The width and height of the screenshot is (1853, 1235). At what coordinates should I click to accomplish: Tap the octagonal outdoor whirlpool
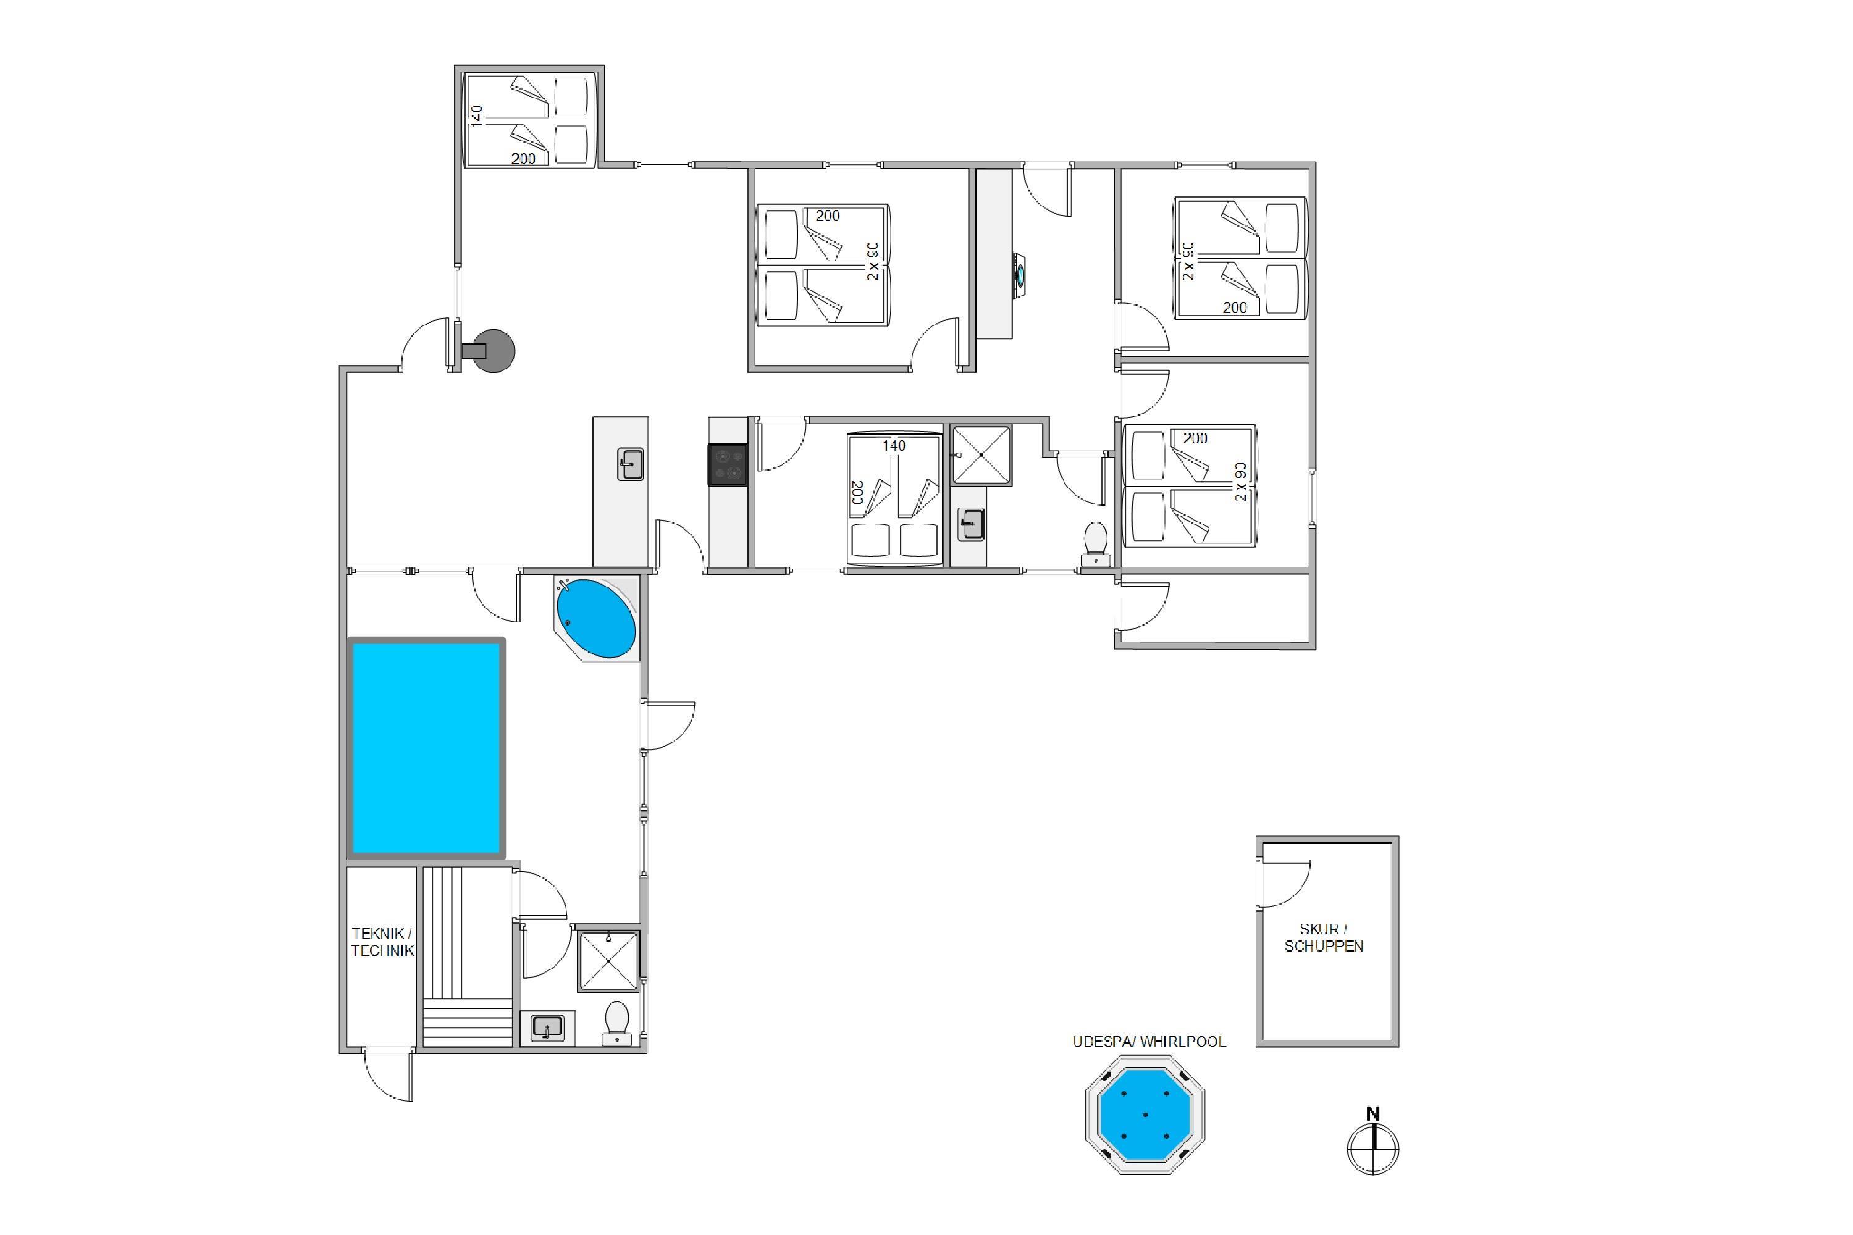[x=1145, y=1115]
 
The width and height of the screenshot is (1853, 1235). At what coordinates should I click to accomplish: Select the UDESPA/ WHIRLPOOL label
[x=1149, y=1041]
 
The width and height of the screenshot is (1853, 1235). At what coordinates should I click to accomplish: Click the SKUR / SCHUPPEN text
[x=1324, y=937]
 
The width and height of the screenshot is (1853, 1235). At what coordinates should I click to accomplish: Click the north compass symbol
[x=1372, y=1142]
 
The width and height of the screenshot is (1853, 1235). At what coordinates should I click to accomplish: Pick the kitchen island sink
[x=630, y=464]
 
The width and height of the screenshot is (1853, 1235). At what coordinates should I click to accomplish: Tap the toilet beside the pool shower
[x=616, y=1023]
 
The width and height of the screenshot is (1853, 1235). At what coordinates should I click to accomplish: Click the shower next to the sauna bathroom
[x=607, y=960]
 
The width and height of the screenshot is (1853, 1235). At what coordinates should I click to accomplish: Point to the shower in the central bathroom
[x=981, y=455]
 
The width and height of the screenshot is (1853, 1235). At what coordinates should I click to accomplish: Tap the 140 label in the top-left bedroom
[x=476, y=116]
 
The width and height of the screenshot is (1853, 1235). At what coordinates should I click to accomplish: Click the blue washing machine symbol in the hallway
[x=1020, y=275]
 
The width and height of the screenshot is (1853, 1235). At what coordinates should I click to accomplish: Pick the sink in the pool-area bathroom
[x=547, y=1028]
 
